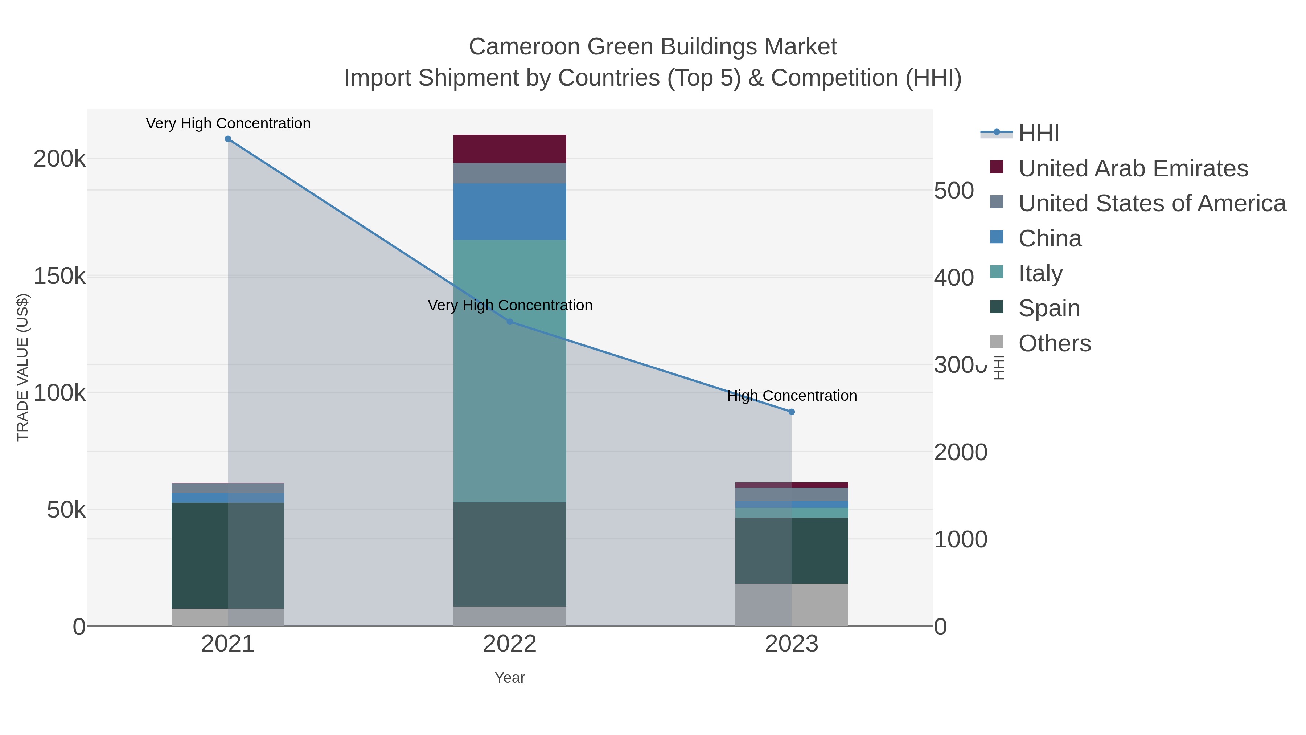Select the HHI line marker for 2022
(510, 322)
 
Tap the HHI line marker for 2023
(792, 412)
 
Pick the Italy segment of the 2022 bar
(510, 370)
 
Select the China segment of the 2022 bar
(510, 212)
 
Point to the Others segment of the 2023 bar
(792, 605)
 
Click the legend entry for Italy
(1040, 273)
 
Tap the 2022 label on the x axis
(510, 644)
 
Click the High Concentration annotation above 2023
(792, 396)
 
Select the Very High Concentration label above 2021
(228, 123)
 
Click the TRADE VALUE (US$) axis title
(23, 367)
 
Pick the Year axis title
(510, 678)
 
